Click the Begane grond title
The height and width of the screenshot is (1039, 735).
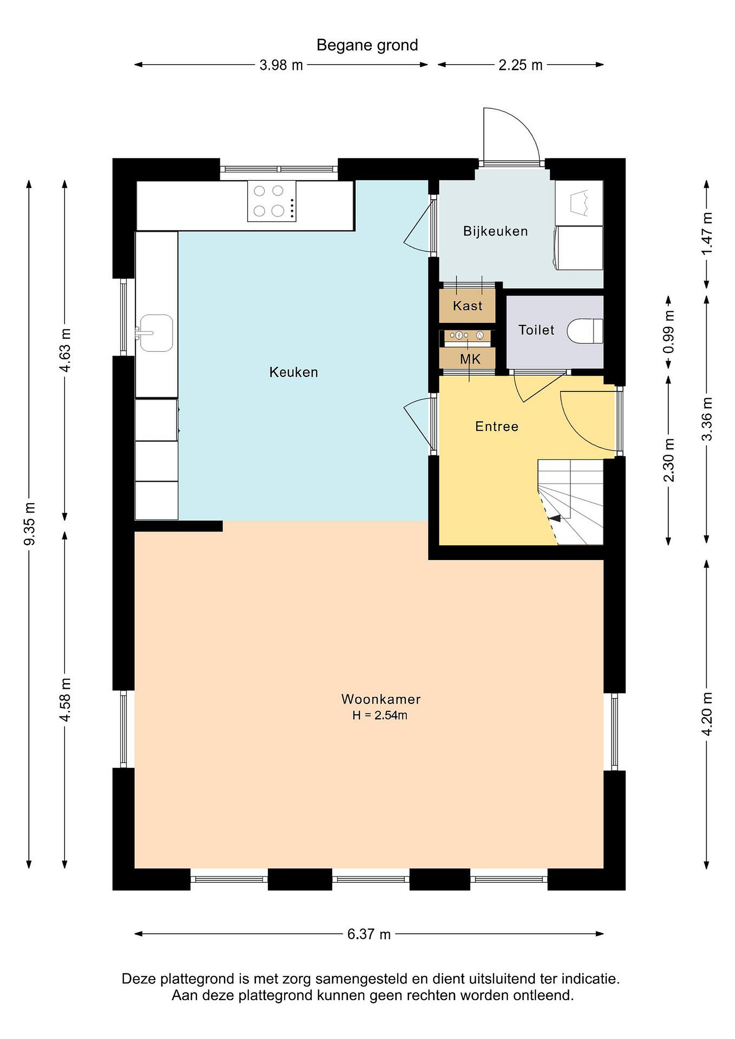point(367,45)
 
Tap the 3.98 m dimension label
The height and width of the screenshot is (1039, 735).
point(281,65)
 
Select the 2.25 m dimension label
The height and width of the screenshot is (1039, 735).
point(520,65)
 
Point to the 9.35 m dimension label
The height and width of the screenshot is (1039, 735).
point(30,523)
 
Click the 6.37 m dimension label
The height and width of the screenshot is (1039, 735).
point(369,934)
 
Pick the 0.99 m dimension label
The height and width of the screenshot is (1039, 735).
point(669,332)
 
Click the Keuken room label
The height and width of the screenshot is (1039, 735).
point(294,372)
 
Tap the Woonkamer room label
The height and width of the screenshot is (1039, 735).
point(381,699)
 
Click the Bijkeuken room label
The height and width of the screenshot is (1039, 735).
point(495,231)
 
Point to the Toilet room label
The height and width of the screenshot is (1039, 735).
point(536,330)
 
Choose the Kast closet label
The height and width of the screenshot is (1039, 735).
point(468,306)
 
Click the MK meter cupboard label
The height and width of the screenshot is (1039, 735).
point(470,360)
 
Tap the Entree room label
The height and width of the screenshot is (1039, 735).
point(497,426)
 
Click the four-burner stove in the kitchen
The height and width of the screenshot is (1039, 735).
point(272,201)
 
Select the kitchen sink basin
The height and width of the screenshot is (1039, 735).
point(156,333)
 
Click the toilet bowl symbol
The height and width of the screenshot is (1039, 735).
point(585,331)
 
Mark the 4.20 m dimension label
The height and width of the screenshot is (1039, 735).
point(707,715)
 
